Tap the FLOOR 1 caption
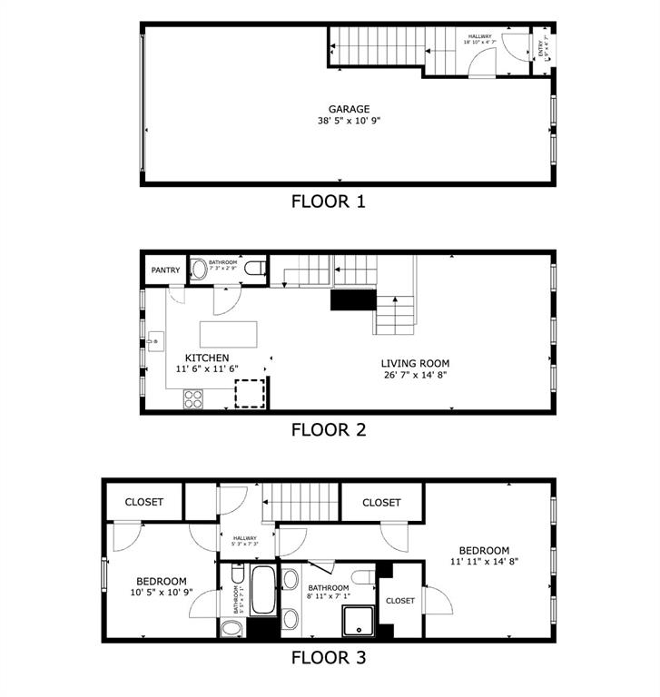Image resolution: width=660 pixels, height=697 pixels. pyautogui.click(x=328, y=201)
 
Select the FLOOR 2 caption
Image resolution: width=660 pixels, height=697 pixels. pyautogui.click(x=328, y=430)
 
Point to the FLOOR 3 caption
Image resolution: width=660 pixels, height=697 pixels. pyautogui.click(x=328, y=657)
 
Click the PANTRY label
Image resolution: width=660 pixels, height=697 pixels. pyautogui.click(x=165, y=270)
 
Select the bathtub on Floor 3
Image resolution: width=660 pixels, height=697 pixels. pyautogui.click(x=264, y=591)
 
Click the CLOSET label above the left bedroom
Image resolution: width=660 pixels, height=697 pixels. pyautogui.click(x=143, y=502)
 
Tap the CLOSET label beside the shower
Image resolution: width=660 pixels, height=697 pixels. pyautogui.click(x=400, y=601)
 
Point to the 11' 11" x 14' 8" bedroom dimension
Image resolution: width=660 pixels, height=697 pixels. pyautogui.click(x=483, y=562)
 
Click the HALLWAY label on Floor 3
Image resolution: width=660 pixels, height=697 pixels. pyautogui.click(x=244, y=538)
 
